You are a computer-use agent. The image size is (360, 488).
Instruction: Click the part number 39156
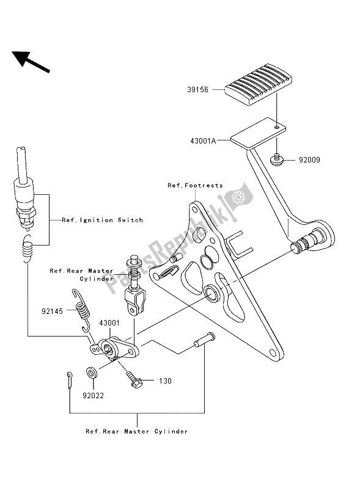click(x=197, y=90)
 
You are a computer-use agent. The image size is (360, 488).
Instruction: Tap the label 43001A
click(x=203, y=140)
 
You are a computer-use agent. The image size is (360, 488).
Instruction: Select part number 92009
click(x=309, y=160)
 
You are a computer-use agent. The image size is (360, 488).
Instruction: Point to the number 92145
click(x=53, y=311)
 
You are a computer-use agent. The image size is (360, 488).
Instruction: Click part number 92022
click(x=93, y=396)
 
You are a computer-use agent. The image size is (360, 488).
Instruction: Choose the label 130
click(x=165, y=381)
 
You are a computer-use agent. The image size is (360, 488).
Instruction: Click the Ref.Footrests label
click(x=195, y=186)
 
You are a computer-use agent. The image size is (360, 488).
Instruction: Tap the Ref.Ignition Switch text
click(x=103, y=220)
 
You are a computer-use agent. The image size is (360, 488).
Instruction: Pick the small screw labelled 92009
click(x=276, y=160)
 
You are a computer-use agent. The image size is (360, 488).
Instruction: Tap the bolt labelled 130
click(x=134, y=379)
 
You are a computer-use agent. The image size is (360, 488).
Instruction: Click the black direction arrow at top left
click(x=31, y=62)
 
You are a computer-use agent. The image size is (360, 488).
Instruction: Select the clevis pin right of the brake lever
click(x=204, y=340)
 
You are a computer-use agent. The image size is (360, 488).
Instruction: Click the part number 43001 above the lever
click(x=109, y=323)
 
